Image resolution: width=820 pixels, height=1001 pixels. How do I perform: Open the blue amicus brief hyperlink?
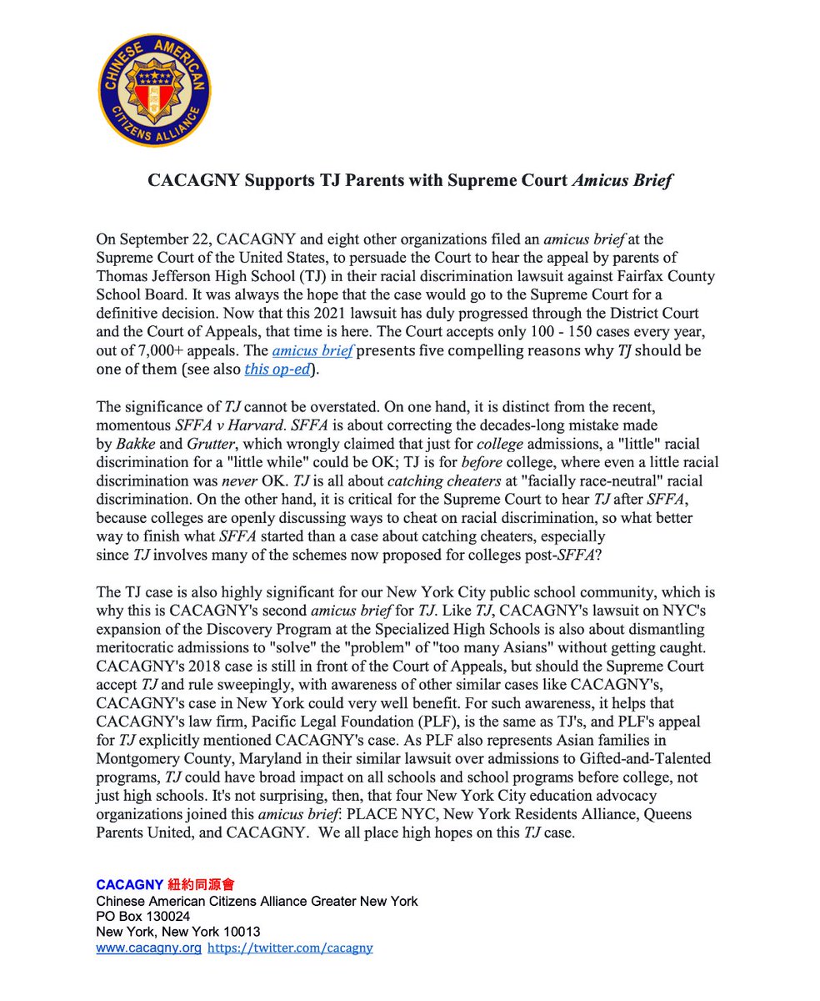click(x=321, y=352)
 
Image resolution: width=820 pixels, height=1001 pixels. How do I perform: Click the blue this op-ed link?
click(x=276, y=370)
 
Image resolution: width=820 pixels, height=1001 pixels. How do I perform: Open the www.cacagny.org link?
click(x=148, y=948)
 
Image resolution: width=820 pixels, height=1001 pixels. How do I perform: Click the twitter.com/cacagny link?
click(x=289, y=948)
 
